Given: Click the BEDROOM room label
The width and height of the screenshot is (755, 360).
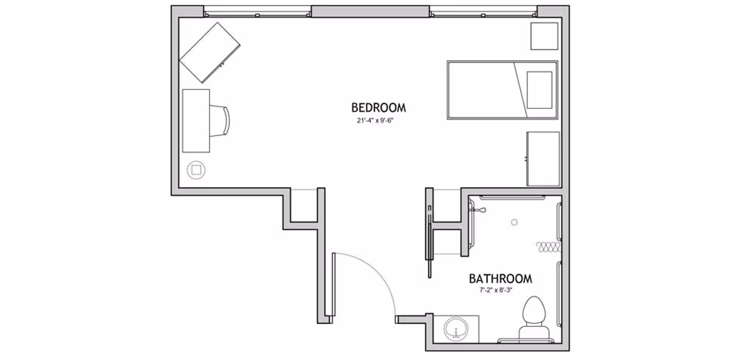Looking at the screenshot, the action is (x=378, y=108).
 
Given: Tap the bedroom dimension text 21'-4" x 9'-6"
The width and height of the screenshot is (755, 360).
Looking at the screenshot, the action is (x=375, y=121).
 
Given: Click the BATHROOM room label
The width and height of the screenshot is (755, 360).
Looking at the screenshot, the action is (x=500, y=279).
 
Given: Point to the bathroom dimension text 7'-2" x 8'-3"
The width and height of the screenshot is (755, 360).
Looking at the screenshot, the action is (x=495, y=290).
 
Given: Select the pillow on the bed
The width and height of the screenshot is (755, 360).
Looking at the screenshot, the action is (x=540, y=90).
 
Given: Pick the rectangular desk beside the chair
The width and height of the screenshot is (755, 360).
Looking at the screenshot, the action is (x=196, y=121).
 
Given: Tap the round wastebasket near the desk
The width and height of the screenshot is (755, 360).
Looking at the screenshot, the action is (x=196, y=170).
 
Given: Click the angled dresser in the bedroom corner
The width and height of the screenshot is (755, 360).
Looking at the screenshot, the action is (x=210, y=53).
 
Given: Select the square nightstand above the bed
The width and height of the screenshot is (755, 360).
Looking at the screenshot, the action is (x=544, y=36).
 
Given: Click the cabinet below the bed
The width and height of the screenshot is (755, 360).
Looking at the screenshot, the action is (x=543, y=159).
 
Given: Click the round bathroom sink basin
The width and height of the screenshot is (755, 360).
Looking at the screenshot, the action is (x=456, y=329).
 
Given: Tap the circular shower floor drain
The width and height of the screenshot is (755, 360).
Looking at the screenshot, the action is (x=514, y=222).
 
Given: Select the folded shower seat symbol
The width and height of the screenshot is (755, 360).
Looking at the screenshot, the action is (x=548, y=247).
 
